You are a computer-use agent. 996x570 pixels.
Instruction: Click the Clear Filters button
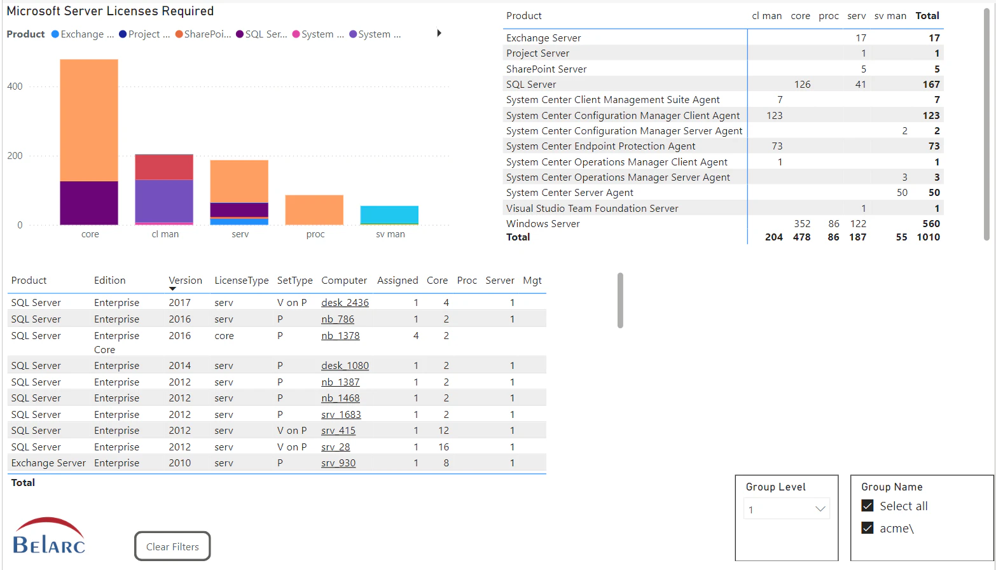[172, 546]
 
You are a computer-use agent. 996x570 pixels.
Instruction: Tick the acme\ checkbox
[868, 528]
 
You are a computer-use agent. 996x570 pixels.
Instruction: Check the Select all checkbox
[868, 506]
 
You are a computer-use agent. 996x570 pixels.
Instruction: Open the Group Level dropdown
[787, 509]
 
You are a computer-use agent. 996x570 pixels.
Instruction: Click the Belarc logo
[49, 536]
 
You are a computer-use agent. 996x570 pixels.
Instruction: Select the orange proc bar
[314, 210]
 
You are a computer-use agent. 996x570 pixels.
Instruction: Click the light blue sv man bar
[389, 214]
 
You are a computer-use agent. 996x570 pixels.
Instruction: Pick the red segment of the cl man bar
[164, 167]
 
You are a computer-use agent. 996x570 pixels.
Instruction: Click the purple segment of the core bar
[89, 202]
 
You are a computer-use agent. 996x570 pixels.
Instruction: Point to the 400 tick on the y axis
[15, 87]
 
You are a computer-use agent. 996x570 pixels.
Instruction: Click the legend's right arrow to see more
[439, 33]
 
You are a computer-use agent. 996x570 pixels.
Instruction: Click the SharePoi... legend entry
[203, 34]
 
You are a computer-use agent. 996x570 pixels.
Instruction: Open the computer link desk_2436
[345, 303]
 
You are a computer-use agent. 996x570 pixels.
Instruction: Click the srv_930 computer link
[338, 463]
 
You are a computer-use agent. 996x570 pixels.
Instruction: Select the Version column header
[185, 281]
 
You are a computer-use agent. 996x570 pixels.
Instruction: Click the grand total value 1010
[928, 237]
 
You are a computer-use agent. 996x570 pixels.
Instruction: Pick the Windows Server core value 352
[802, 224]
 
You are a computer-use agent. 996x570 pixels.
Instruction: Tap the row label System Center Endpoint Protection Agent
[600, 146]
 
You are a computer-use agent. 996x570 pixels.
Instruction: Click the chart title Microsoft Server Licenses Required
[110, 11]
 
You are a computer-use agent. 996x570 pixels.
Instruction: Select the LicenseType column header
[241, 281]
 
